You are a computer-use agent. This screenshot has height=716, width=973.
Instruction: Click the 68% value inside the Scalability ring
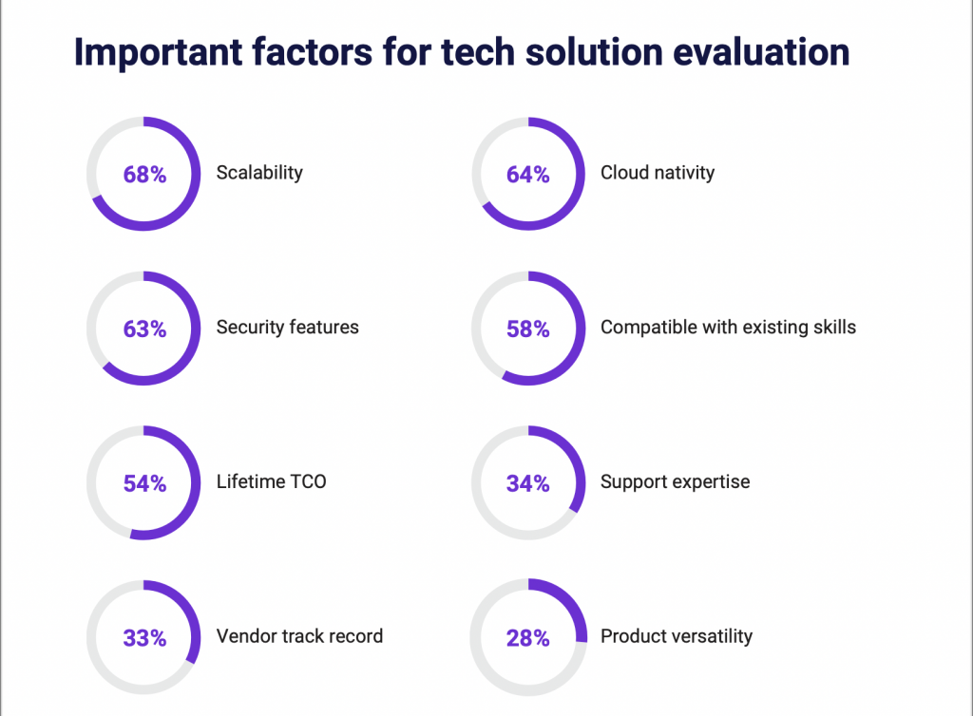coord(144,175)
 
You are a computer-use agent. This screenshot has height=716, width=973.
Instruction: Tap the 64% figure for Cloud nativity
coord(527,175)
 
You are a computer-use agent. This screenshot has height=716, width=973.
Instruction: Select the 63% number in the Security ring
coord(144,330)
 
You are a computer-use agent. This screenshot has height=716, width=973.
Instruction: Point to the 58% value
coord(527,330)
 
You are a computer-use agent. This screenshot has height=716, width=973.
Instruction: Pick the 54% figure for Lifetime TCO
coord(144,483)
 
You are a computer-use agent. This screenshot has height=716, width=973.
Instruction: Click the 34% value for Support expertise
coord(527,483)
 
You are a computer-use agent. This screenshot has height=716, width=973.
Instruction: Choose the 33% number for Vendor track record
coord(144,638)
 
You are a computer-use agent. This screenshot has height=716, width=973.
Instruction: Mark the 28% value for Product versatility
coord(527,638)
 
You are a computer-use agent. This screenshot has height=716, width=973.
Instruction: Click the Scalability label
coord(259,173)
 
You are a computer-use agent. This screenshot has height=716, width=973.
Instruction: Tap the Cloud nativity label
coord(658,173)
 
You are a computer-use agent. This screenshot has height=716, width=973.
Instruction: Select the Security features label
coord(287,328)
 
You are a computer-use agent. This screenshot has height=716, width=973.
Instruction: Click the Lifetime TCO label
coord(271,481)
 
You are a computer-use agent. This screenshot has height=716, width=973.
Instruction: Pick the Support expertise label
coord(675,481)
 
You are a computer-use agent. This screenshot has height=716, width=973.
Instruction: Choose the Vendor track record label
coord(299,636)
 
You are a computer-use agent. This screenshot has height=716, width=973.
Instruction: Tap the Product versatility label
coord(676,636)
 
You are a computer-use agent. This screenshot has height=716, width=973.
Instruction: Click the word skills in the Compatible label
coord(832,328)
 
